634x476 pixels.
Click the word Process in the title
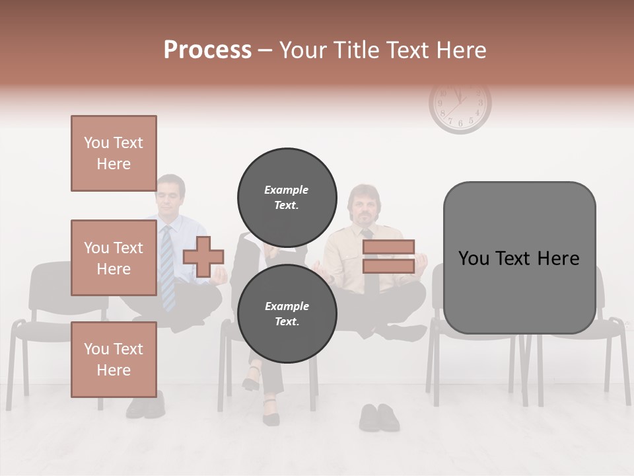(x=207, y=50)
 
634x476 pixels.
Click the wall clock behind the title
(x=460, y=106)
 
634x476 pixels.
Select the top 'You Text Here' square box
(x=114, y=153)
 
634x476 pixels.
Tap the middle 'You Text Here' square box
(x=114, y=258)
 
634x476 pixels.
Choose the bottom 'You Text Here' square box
(x=114, y=359)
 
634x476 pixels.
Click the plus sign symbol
(x=203, y=257)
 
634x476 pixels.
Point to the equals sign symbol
(x=389, y=257)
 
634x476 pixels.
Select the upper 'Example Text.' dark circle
(x=287, y=197)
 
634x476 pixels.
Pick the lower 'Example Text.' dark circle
(x=287, y=313)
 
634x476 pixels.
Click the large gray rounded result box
(x=519, y=258)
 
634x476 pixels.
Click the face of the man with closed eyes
(x=171, y=197)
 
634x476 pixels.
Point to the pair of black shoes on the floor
(x=379, y=418)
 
